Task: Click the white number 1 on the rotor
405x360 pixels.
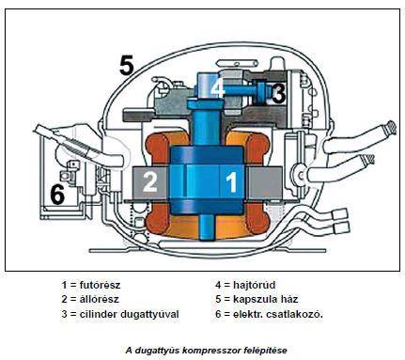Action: point(231,182)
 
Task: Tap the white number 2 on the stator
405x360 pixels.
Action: point(149,181)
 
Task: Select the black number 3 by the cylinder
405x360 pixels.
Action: point(278,93)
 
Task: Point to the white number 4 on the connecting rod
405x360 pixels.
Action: point(217,86)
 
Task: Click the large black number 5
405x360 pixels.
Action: point(127,65)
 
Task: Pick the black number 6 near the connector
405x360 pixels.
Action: point(57,195)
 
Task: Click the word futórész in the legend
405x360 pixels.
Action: point(100,285)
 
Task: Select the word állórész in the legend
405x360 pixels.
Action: point(99,299)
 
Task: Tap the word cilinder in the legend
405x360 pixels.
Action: point(98,314)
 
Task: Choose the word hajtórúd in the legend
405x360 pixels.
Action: point(255,285)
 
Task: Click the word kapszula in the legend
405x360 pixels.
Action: point(254,299)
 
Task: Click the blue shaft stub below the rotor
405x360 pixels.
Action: point(208,227)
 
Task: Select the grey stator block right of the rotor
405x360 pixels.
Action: point(263,183)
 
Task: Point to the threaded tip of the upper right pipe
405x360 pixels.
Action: point(391,128)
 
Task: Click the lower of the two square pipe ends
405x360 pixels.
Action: point(342,227)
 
